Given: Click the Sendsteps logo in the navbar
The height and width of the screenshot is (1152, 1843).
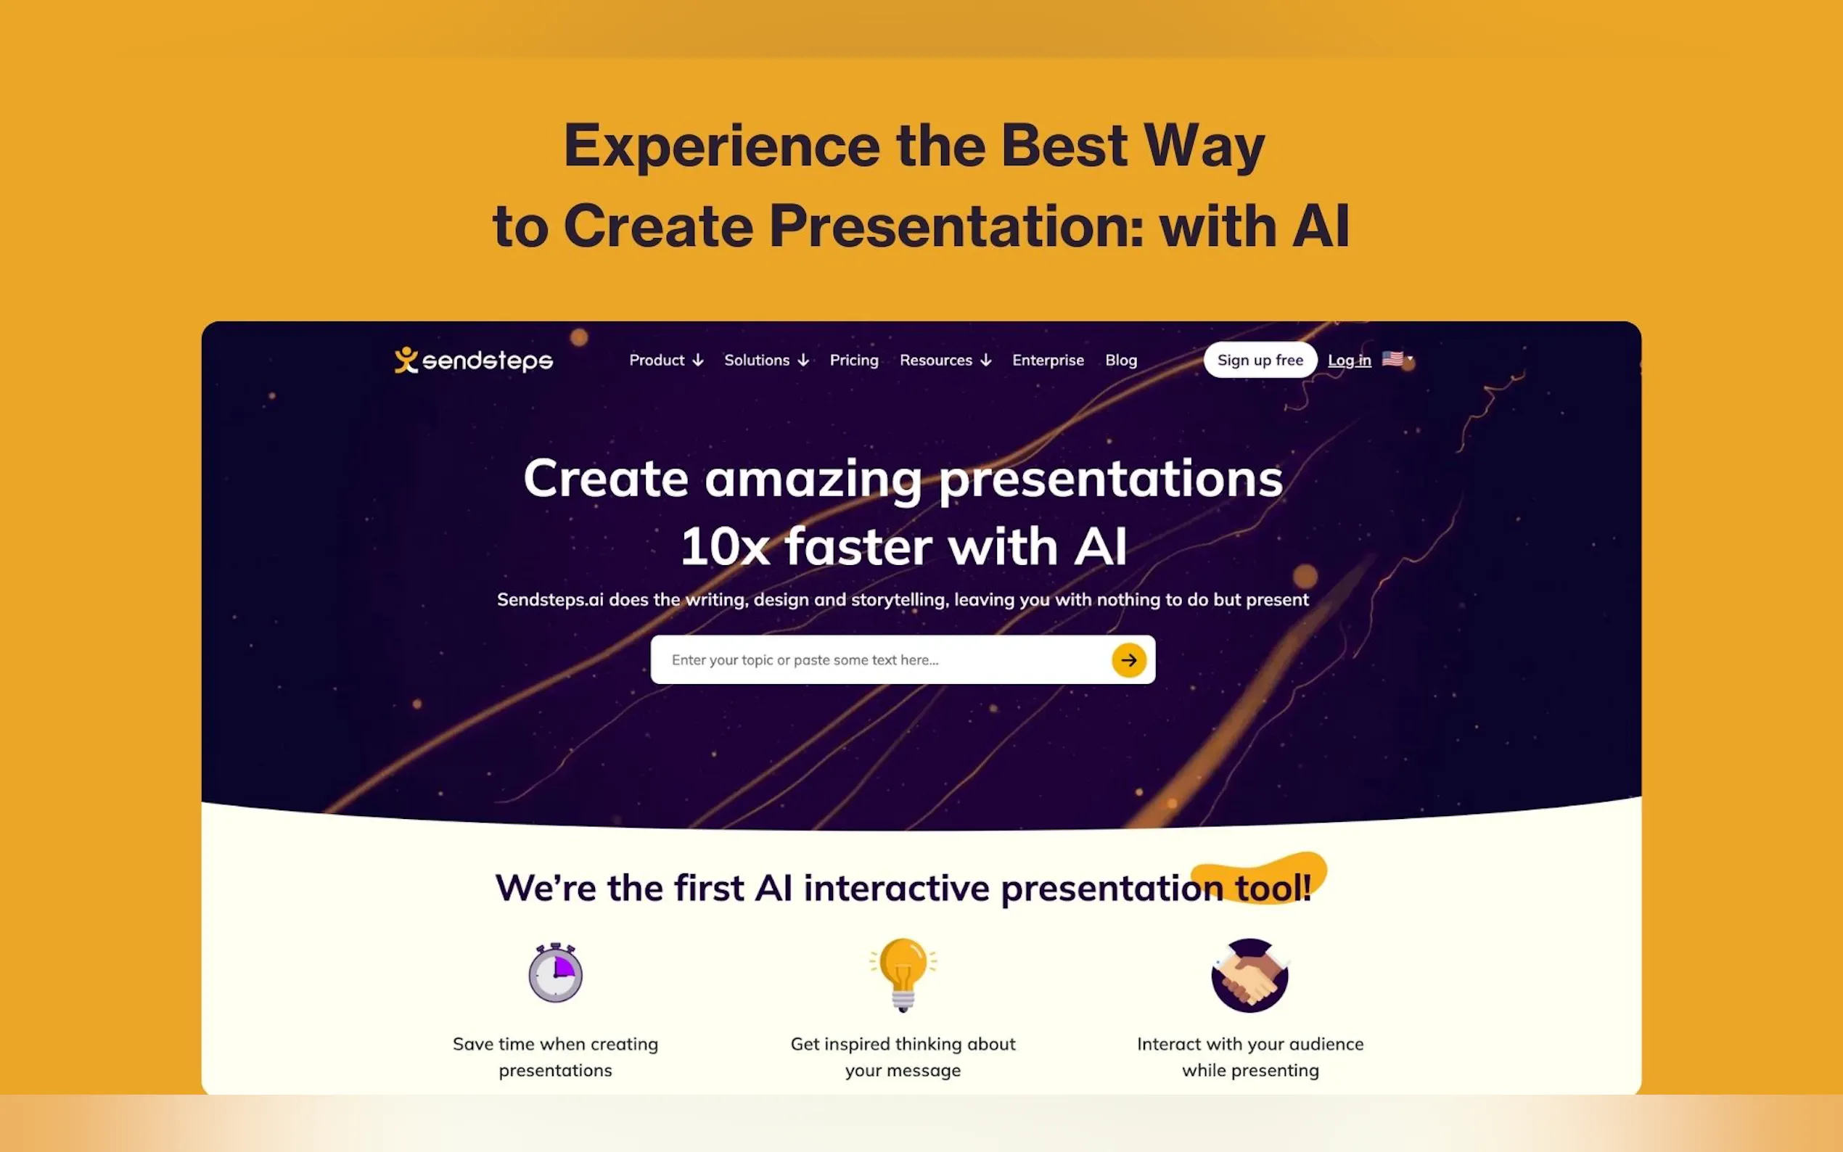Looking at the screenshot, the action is [x=473, y=361].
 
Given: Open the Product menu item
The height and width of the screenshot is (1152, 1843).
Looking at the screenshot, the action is [x=666, y=361].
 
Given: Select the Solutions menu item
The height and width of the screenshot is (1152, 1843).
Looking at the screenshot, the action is [x=765, y=361].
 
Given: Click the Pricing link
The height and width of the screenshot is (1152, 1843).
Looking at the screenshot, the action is [x=853, y=361].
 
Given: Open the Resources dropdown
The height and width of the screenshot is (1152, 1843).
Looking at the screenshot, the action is [x=945, y=361].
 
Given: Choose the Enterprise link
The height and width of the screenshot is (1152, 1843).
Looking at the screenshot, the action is [x=1048, y=361].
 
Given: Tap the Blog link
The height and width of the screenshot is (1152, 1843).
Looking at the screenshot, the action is [x=1121, y=361].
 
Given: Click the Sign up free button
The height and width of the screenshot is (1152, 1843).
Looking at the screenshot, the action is [x=1260, y=361].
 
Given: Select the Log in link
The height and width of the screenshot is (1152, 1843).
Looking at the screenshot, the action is [x=1350, y=361].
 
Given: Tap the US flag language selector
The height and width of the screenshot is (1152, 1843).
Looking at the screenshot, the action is [x=1397, y=359].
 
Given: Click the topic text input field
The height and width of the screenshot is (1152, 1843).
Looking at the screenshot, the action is [x=880, y=660].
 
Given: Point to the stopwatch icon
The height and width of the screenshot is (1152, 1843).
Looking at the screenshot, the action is [x=555, y=972].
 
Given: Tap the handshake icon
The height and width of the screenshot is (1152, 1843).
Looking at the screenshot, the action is [x=1249, y=975].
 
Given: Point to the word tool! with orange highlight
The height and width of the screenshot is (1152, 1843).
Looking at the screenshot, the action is [x=1273, y=888].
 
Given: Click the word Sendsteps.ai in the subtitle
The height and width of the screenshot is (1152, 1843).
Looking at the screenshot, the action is [x=550, y=601].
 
